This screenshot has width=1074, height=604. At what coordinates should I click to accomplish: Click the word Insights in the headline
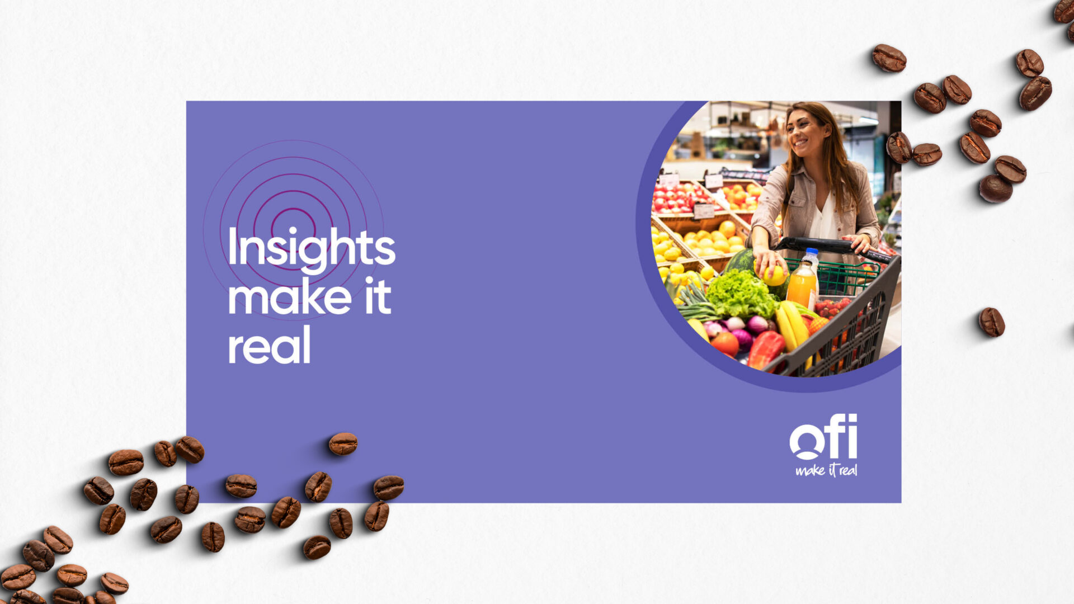(x=311, y=248)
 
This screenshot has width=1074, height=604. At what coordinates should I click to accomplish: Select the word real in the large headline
(x=269, y=346)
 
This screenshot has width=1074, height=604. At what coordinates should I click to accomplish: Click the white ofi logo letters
(x=823, y=437)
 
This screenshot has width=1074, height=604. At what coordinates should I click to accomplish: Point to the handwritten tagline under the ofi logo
(x=826, y=470)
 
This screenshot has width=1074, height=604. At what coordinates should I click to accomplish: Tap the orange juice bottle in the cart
(x=802, y=283)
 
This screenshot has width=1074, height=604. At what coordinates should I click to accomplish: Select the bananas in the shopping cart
(x=792, y=327)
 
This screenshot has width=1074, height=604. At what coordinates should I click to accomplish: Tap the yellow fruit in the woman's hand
(x=775, y=275)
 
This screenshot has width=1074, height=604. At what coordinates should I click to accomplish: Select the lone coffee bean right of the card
(x=991, y=322)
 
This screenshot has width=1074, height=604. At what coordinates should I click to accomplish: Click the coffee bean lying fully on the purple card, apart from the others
(x=343, y=443)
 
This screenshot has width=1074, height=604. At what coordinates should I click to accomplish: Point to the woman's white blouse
(x=822, y=218)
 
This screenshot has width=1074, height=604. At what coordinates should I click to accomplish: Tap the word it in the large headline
(x=378, y=296)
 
